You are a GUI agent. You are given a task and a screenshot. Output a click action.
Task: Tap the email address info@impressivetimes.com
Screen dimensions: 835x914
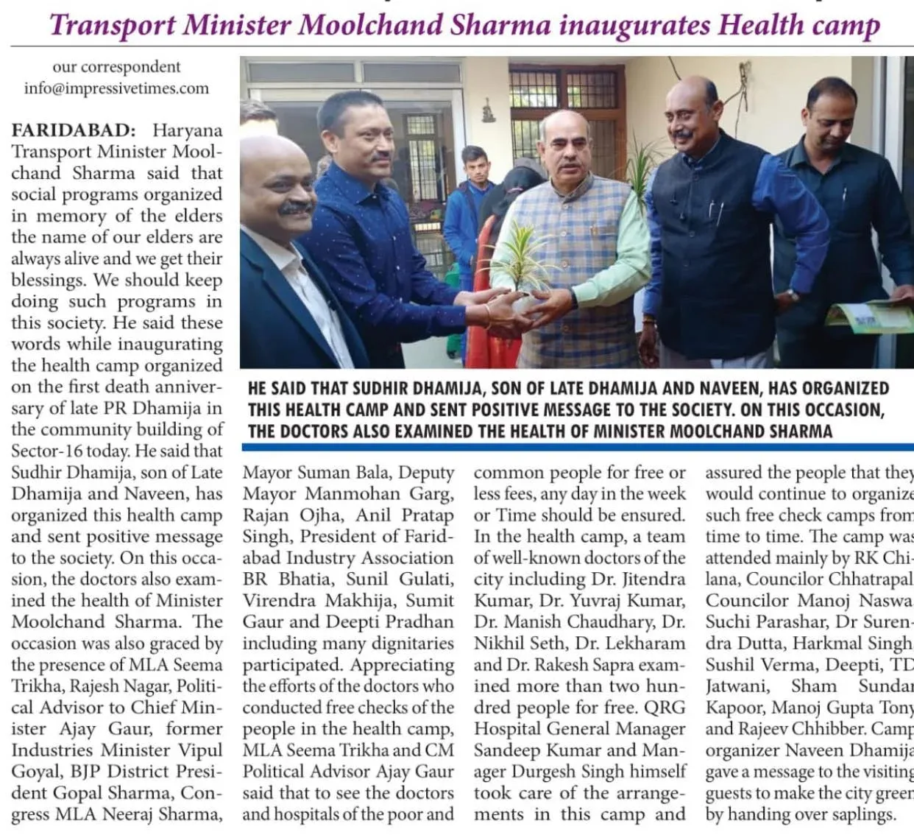coord(116,88)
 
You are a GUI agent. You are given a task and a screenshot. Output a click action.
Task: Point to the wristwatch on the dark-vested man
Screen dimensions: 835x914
coord(791,296)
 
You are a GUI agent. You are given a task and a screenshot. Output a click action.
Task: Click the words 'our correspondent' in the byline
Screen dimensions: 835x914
coord(116,67)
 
